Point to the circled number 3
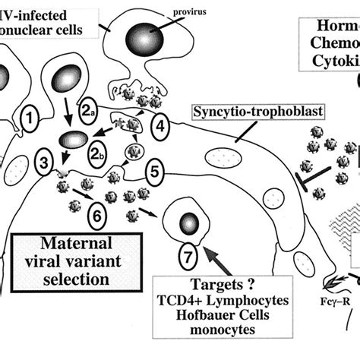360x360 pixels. tap(44, 162)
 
